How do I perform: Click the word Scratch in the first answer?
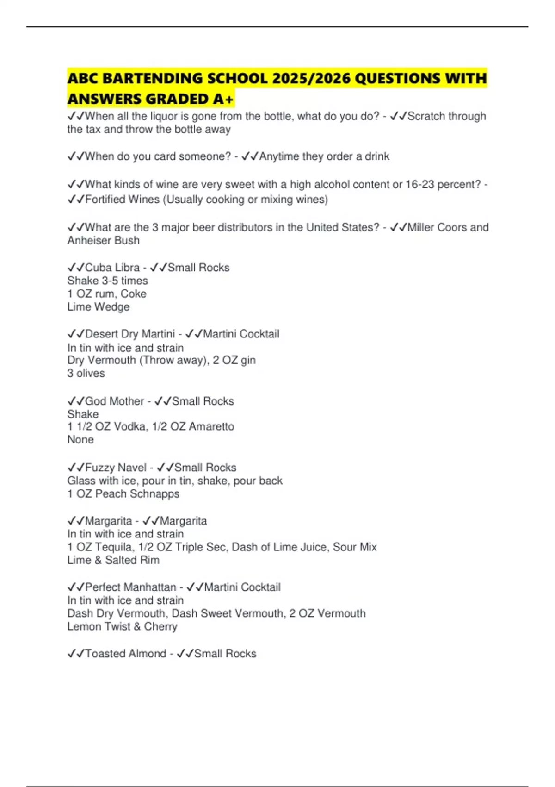424,116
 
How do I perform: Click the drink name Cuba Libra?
112,268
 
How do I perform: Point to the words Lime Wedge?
99,307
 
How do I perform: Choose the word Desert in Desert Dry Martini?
101,334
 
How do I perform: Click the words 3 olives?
86,373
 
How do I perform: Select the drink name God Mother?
114,401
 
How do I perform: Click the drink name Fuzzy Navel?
116,468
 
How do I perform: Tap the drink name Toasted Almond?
126,654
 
